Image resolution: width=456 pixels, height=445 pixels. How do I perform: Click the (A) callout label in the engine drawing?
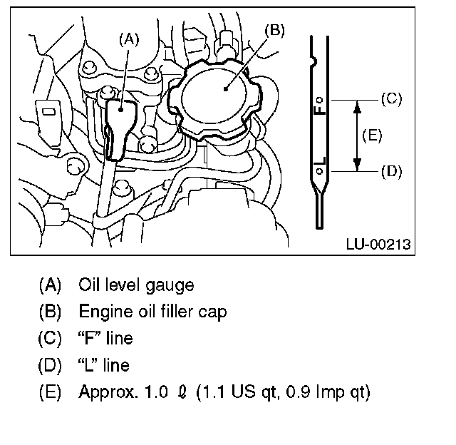pos(128,41)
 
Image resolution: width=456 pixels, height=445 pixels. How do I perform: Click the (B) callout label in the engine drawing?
pos(274,30)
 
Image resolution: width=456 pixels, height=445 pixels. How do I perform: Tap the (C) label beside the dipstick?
pos(391,99)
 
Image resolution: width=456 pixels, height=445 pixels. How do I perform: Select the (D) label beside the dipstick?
pos(391,171)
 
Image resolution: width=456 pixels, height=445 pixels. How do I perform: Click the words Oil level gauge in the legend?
pos(136,285)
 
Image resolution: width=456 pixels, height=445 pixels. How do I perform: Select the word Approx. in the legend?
pos(105,392)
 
